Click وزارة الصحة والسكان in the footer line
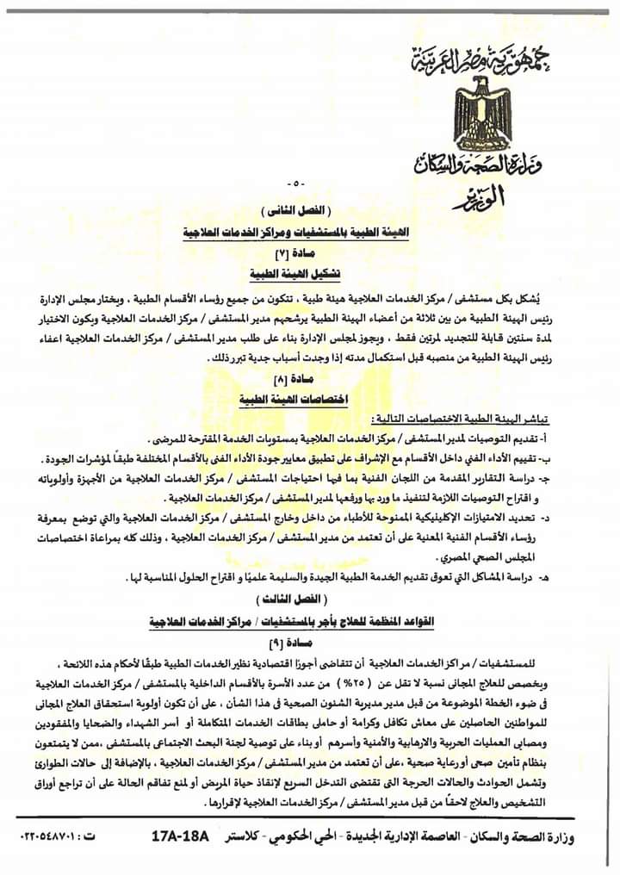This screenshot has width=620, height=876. pos(551,837)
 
